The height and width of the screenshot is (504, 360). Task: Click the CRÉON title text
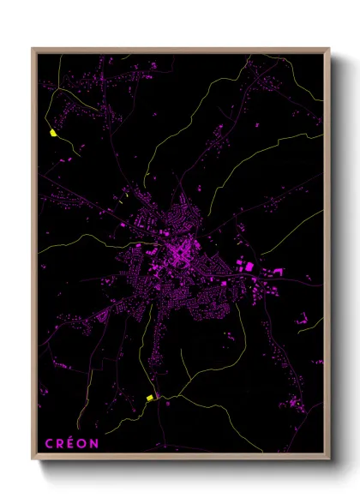[71, 443]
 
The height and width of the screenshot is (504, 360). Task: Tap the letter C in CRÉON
[48, 443]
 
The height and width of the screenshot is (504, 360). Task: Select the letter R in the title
[59, 443]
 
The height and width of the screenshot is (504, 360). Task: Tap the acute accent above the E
[71, 437]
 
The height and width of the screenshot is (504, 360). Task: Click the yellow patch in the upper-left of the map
[52, 133]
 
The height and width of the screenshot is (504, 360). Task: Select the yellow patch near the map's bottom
[149, 398]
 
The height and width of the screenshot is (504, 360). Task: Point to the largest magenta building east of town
[249, 267]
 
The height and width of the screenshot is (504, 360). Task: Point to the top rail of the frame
[181, 50]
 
